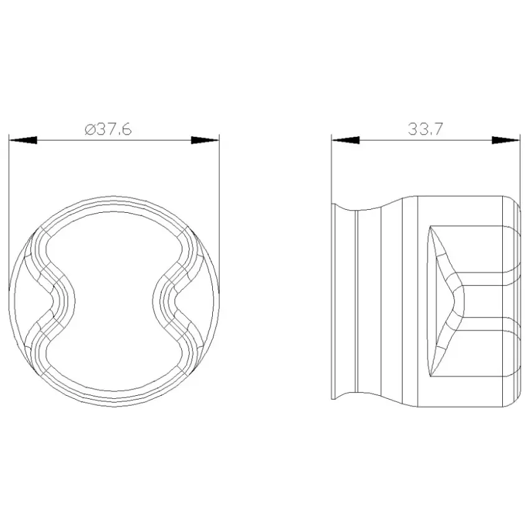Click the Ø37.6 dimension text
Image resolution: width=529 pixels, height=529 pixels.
point(108,129)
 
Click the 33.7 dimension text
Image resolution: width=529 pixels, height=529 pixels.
point(425,129)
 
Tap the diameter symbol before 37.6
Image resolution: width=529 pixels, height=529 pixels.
point(90,130)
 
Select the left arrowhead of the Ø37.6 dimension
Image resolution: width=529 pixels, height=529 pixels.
point(23,140)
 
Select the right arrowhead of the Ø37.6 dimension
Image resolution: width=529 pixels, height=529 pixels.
point(205,140)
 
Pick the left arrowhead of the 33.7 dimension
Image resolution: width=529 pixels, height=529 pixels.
point(345,140)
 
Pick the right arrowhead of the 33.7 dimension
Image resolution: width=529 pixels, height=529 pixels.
point(506,140)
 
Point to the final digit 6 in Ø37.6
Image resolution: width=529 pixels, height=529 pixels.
point(126,129)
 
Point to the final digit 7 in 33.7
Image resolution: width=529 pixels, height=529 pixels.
point(437,129)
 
